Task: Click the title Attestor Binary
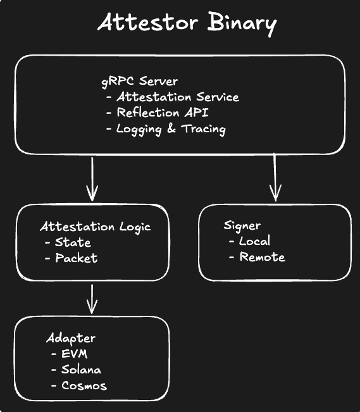(x=187, y=24)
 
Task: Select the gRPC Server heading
(x=139, y=82)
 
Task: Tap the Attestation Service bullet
(x=177, y=97)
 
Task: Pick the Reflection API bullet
(x=164, y=113)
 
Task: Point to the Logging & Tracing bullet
(x=171, y=129)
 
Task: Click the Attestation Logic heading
(x=95, y=227)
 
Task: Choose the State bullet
(x=72, y=242)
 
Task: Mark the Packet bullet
(x=76, y=258)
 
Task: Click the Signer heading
(x=242, y=226)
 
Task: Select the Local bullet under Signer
(x=254, y=241)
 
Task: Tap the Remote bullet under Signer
(x=262, y=258)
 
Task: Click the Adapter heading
(x=70, y=338)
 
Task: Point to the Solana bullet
(x=81, y=370)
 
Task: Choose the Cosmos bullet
(x=84, y=385)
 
